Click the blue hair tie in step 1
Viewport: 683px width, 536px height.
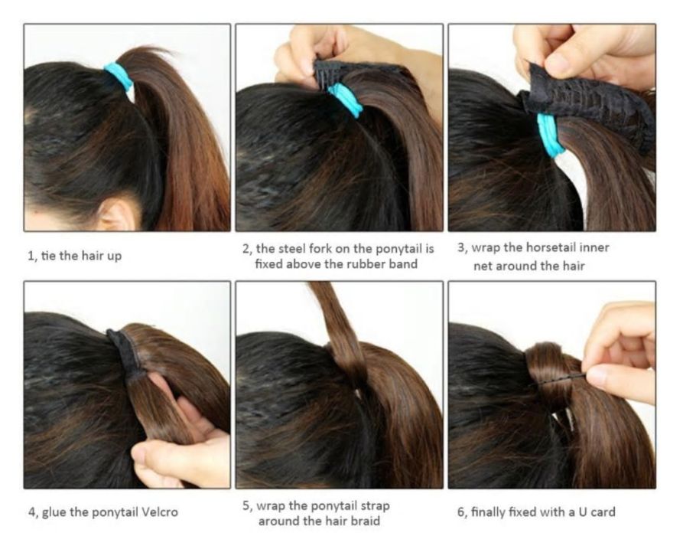coord(119,76)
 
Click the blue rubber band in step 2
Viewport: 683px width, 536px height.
coord(345,100)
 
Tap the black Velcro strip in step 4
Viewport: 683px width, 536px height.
coord(127,351)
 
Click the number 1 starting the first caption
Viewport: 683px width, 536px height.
coord(31,256)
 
